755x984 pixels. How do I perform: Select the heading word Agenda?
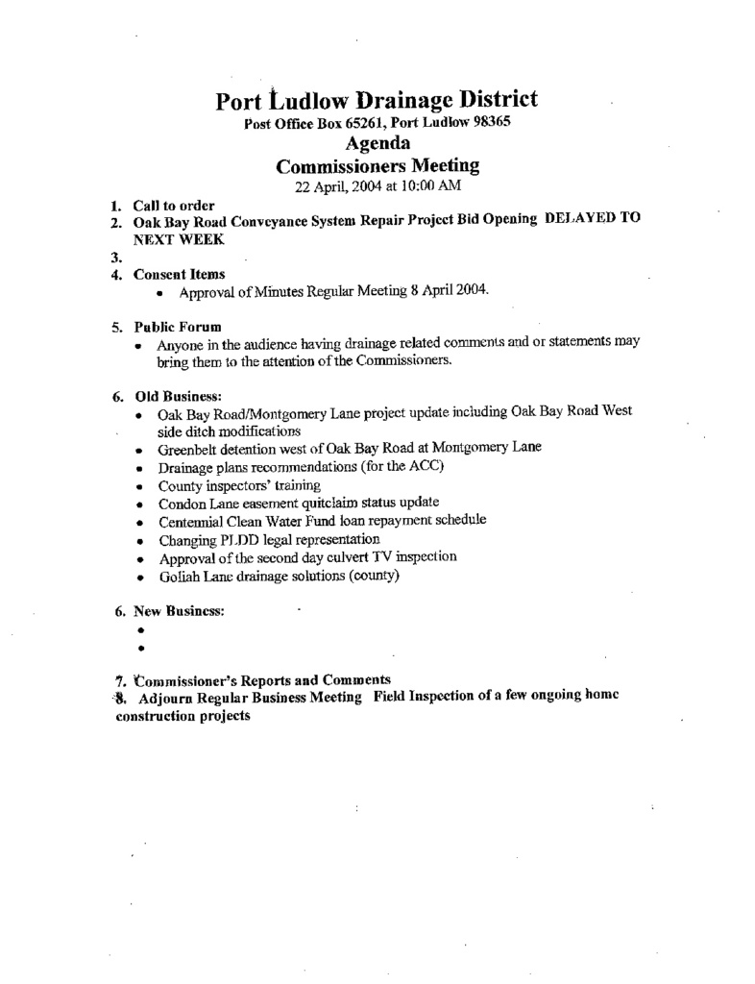(377, 144)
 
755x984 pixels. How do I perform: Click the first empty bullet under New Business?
(140, 630)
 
